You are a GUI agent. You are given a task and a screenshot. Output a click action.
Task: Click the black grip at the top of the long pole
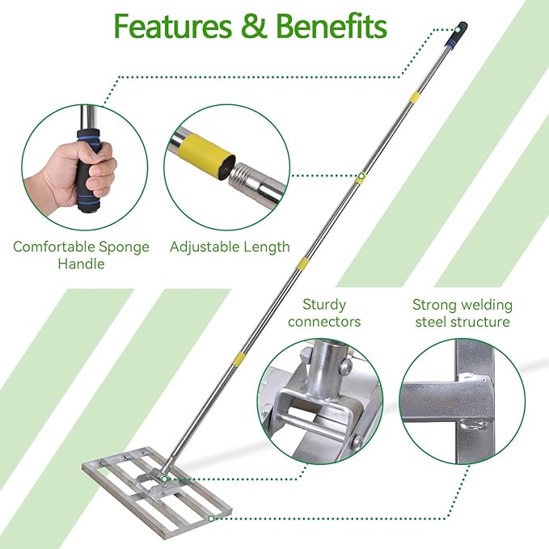[x=460, y=31]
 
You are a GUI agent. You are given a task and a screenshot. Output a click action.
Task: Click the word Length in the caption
[x=267, y=247]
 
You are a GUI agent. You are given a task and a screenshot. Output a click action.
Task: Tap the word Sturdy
[x=324, y=305]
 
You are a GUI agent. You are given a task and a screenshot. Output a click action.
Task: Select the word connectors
[x=324, y=322]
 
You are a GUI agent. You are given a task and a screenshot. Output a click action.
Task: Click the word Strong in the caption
[x=435, y=305]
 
